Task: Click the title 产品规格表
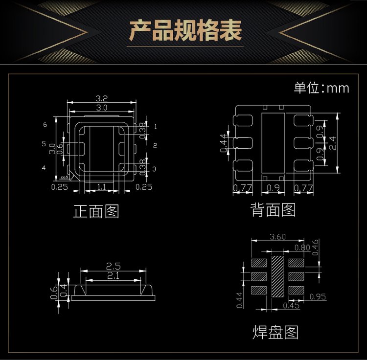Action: [x=185, y=30]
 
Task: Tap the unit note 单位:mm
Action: [x=321, y=88]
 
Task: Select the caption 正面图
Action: [x=96, y=211]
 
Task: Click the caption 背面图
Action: [x=273, y=210]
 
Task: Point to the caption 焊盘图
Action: [x=275, y=332]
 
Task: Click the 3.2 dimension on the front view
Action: [x=102, y=98]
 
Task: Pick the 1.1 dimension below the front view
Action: [x=101, y=187]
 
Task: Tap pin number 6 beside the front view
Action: [x=45, y=125]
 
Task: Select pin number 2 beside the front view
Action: [x=155, y=145]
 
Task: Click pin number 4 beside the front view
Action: [x=44, y=168]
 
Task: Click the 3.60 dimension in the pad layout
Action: [x=278, y=237]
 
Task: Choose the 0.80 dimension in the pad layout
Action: [x=302, y=247]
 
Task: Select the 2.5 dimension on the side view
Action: [x=113, y=267]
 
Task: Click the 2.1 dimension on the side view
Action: [x=113, y=277]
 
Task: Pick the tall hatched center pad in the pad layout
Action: [x=277, y=276]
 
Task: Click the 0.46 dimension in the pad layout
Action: [x=316, y=244]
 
